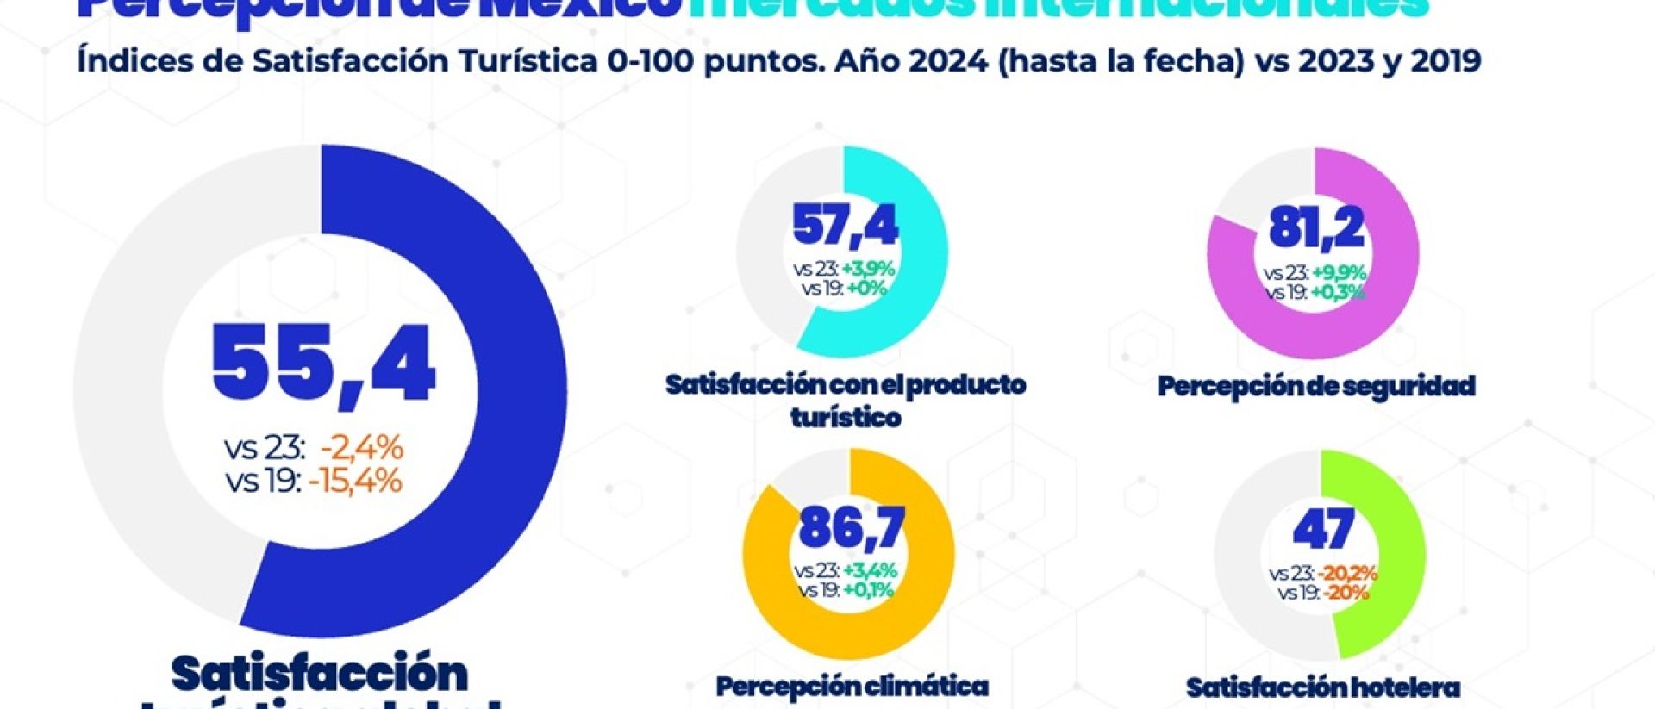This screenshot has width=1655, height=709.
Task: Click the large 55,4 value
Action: point(323,363)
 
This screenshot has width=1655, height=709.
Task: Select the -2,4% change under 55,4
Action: point(361,448)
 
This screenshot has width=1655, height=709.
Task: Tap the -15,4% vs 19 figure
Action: point(355,481)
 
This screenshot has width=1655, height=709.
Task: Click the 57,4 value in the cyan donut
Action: point(845,226)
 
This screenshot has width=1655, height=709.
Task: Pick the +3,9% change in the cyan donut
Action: point(868,270)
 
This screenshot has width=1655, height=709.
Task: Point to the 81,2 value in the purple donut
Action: point(1315,227)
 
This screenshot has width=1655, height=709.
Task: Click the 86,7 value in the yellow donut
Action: point(852,527)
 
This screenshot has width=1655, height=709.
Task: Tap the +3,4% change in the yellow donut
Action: point(870,571)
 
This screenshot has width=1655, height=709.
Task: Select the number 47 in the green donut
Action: point(1323,529)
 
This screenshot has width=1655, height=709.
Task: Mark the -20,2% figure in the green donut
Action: point(1347,574)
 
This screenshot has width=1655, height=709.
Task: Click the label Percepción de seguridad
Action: point(1316,386)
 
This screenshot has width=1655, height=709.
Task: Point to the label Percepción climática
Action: point(852,687)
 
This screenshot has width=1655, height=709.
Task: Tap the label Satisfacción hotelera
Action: point(1322,687)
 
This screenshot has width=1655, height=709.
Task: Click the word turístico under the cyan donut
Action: point(846,418)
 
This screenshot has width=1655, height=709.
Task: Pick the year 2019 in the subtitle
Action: point(1446,61)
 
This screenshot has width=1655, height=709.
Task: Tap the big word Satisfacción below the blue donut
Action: point(320,674)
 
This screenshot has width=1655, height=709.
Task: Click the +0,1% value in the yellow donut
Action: point(868,590)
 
